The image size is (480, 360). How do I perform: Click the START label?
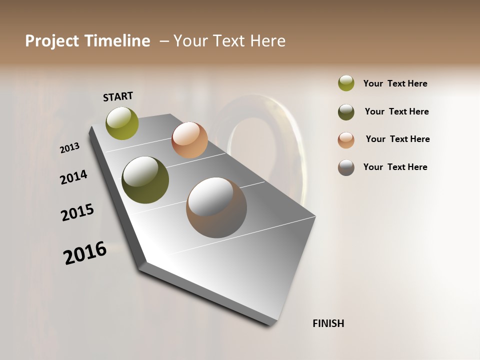pos(118,96)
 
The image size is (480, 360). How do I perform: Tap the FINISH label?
pos(328,323)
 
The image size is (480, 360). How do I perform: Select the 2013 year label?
pos(69,148)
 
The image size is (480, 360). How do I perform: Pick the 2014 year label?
pos(73,177)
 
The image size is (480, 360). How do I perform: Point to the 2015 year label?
pos(77,212)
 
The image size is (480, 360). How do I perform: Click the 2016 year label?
pos(85,253)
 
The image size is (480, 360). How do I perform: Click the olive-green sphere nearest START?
pos(122,123)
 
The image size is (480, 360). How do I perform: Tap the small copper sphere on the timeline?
pos(189,140)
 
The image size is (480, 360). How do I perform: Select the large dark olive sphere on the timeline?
pos(145,180)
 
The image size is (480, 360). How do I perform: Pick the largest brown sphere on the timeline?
pos(216,207)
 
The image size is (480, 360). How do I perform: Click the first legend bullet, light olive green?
pos(346,83)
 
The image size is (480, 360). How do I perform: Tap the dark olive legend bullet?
pos(346,112)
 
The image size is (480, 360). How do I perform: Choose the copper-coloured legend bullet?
pos(346,140)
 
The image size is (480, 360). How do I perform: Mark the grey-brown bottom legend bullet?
pos(346,167)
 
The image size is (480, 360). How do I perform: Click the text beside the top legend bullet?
pos(395,83)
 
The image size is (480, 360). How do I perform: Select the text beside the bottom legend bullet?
pos(395,167)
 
